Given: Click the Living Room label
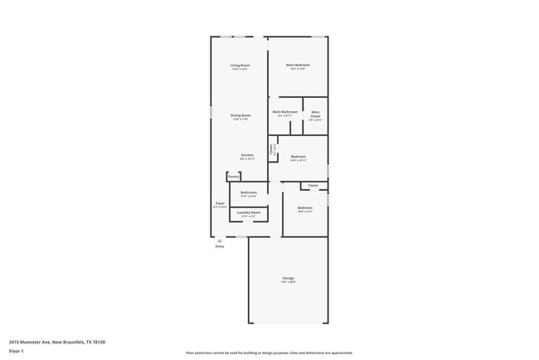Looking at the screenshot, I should point(240,66).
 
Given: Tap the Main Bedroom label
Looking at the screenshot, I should point(297,66).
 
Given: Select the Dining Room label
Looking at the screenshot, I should point(240,115).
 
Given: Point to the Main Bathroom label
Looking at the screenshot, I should point(284,112).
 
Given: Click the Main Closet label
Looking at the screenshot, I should point(315,114).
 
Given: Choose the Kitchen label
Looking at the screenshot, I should point(247,155).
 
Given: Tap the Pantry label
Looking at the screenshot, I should point(234,177).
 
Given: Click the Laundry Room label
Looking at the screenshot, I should point(249,213).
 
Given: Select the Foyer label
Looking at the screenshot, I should point(220,203).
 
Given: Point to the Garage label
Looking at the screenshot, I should point(288,278).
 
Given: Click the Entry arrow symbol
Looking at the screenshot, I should point(219,240).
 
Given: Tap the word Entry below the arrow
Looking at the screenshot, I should point(219,246).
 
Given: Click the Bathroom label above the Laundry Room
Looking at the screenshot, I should point(249,192).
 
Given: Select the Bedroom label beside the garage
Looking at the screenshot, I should point(305,207).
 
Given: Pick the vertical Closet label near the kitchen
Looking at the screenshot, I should point(271,149).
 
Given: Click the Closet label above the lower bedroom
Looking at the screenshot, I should point(313,185).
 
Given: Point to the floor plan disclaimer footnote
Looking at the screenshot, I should point(269,353).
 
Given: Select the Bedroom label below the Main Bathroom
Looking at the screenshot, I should point(298,157).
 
